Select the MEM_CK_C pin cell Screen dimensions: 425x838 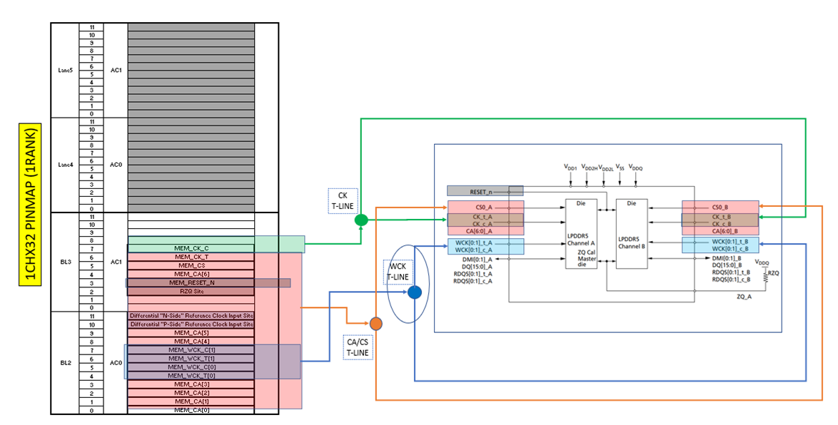(x=191, y=248)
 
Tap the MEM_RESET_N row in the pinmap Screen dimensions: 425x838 (x=191, y=282)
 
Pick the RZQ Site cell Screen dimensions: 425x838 (x=191, y=291)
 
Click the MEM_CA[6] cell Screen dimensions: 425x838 (x=191, y=274)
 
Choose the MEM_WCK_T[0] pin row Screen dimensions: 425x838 (x=191, y=375)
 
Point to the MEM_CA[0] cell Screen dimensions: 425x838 (x=191, y=409)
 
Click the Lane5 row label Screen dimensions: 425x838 (x=65, y=70)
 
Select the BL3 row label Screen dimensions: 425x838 (x=65, y=261)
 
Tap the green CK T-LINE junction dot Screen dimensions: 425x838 (x=361, y=220)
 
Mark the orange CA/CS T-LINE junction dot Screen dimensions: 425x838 (x=376, y=324)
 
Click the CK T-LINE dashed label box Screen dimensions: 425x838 (x=342, y=199)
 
